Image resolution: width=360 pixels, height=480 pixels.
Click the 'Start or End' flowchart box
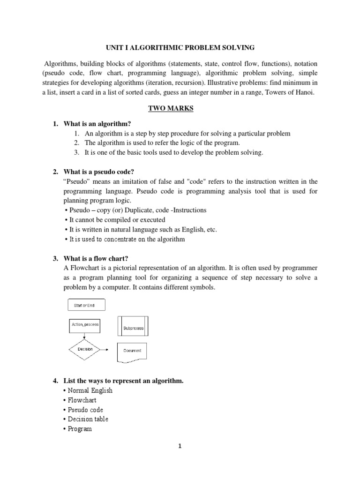pos(84,306)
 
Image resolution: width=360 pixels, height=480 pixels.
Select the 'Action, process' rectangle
pos(85,325)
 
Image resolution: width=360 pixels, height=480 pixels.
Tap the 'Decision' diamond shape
pos(85,349)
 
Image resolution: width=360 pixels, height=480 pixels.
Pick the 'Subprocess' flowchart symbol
pos(133,328)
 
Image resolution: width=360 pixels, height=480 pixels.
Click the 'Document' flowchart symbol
pos(132,351)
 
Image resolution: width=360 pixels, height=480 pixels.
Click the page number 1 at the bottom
pos(179,459)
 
